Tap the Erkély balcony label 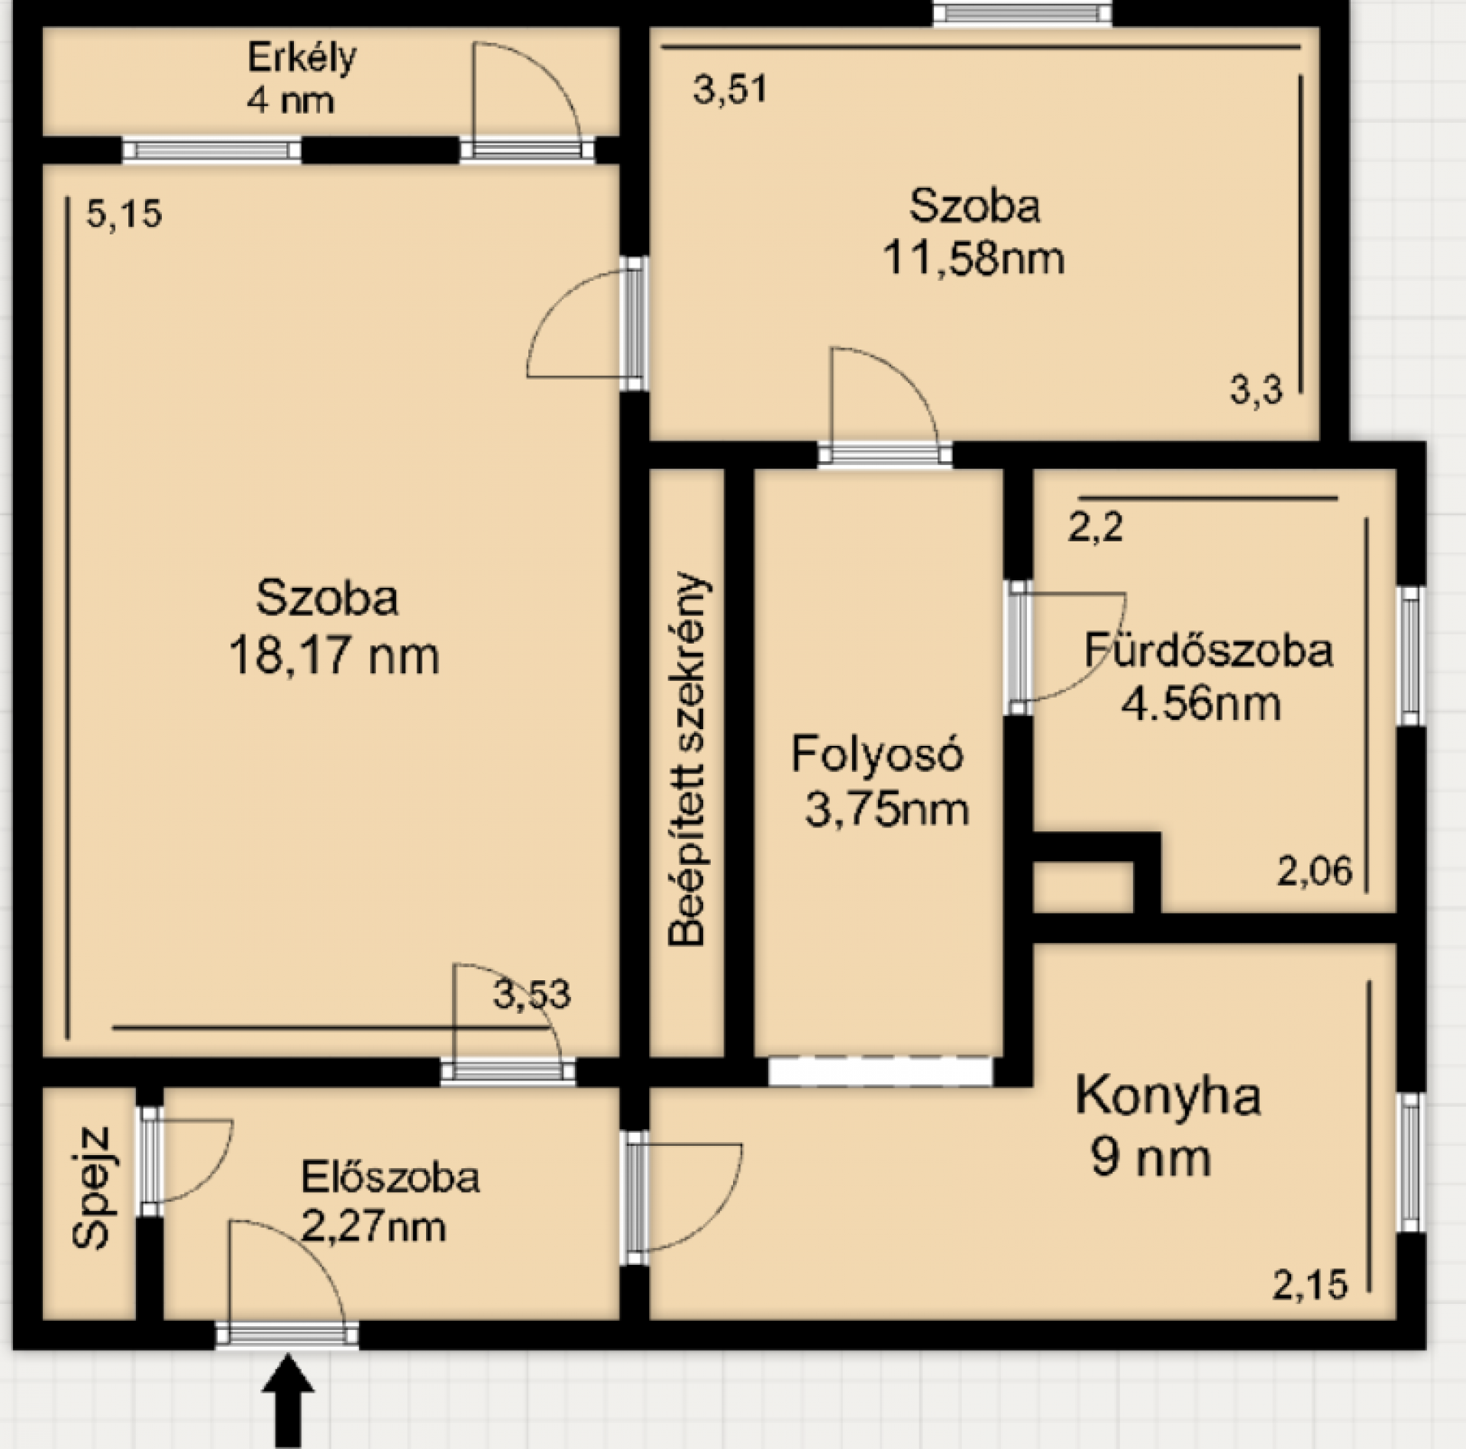point(302,59)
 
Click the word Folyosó point(877,754)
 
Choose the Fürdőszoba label point(1209,650)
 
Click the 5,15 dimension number point(124,215)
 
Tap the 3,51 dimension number point(729,89)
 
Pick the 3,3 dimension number point(1256,392)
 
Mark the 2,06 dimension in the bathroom point(1314,871)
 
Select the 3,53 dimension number point(531,995)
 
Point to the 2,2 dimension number point(1095,527)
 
